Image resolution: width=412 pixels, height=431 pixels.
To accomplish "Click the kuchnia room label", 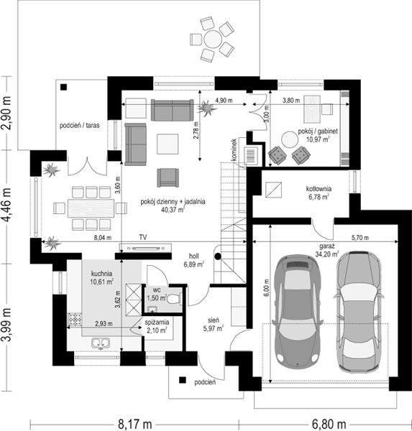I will coord(101,274).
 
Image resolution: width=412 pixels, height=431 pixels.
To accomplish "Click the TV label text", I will coord(144,236).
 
